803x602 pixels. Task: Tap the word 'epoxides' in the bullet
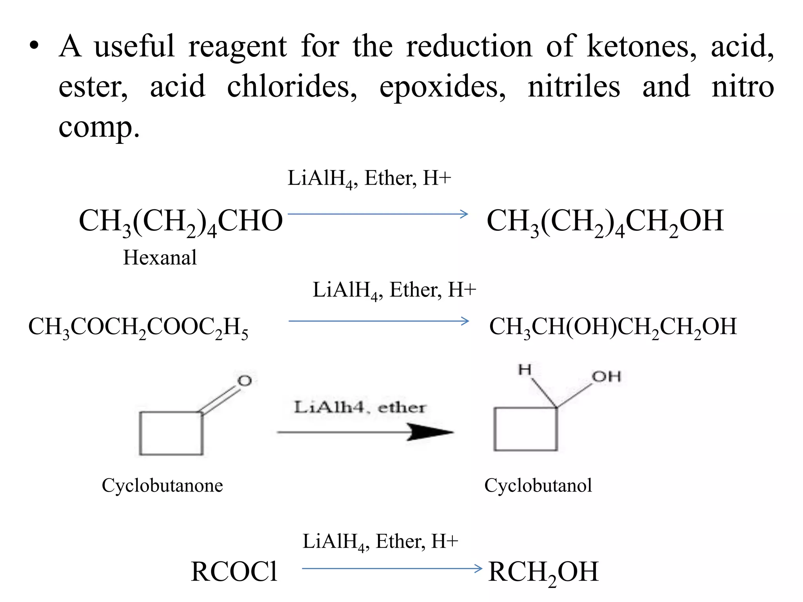(442, 87)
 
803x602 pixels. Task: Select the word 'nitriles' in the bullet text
(574, 87)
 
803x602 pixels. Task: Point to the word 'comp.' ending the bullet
(99, 128)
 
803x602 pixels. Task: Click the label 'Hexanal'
(160, 258)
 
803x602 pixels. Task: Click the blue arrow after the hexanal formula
(378, 214)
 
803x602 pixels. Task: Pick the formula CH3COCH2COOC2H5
(138, 327)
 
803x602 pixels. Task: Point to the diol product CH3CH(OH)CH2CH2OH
(613, 327)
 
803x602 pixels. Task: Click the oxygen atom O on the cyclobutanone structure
(245, 381)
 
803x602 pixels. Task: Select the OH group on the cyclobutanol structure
(606, 377)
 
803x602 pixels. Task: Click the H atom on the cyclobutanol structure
(525, 369)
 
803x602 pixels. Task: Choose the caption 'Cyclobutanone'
(162, 486)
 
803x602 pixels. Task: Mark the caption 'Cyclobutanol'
(538, 486)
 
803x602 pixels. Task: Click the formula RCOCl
(234, 572)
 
